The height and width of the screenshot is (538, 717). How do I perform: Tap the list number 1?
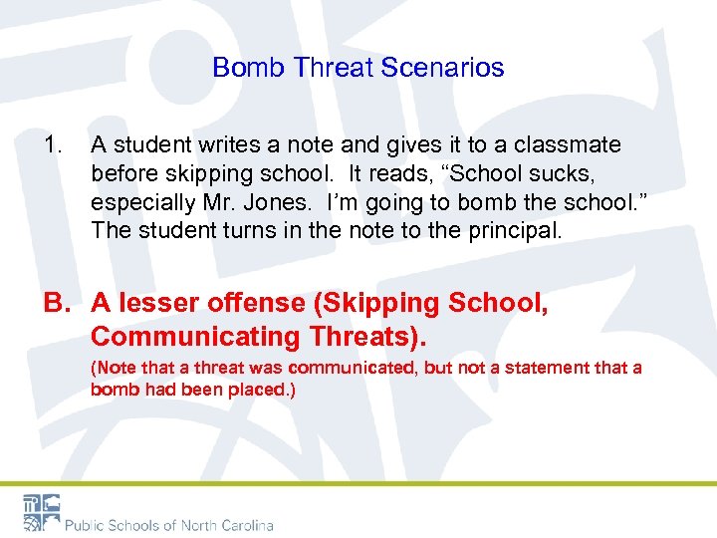(x=53, y=145)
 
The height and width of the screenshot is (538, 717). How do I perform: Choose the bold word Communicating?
(x=194, y=337)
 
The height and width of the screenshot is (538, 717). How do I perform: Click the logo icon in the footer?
(x=42, y=512)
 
